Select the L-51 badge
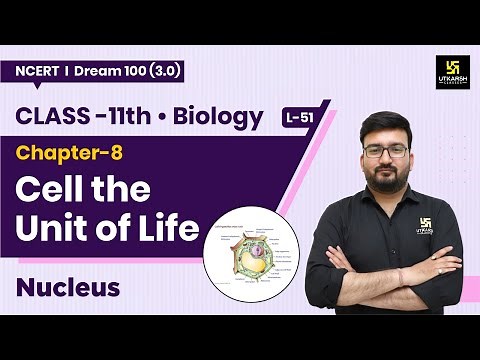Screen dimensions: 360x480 pos(297,119)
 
